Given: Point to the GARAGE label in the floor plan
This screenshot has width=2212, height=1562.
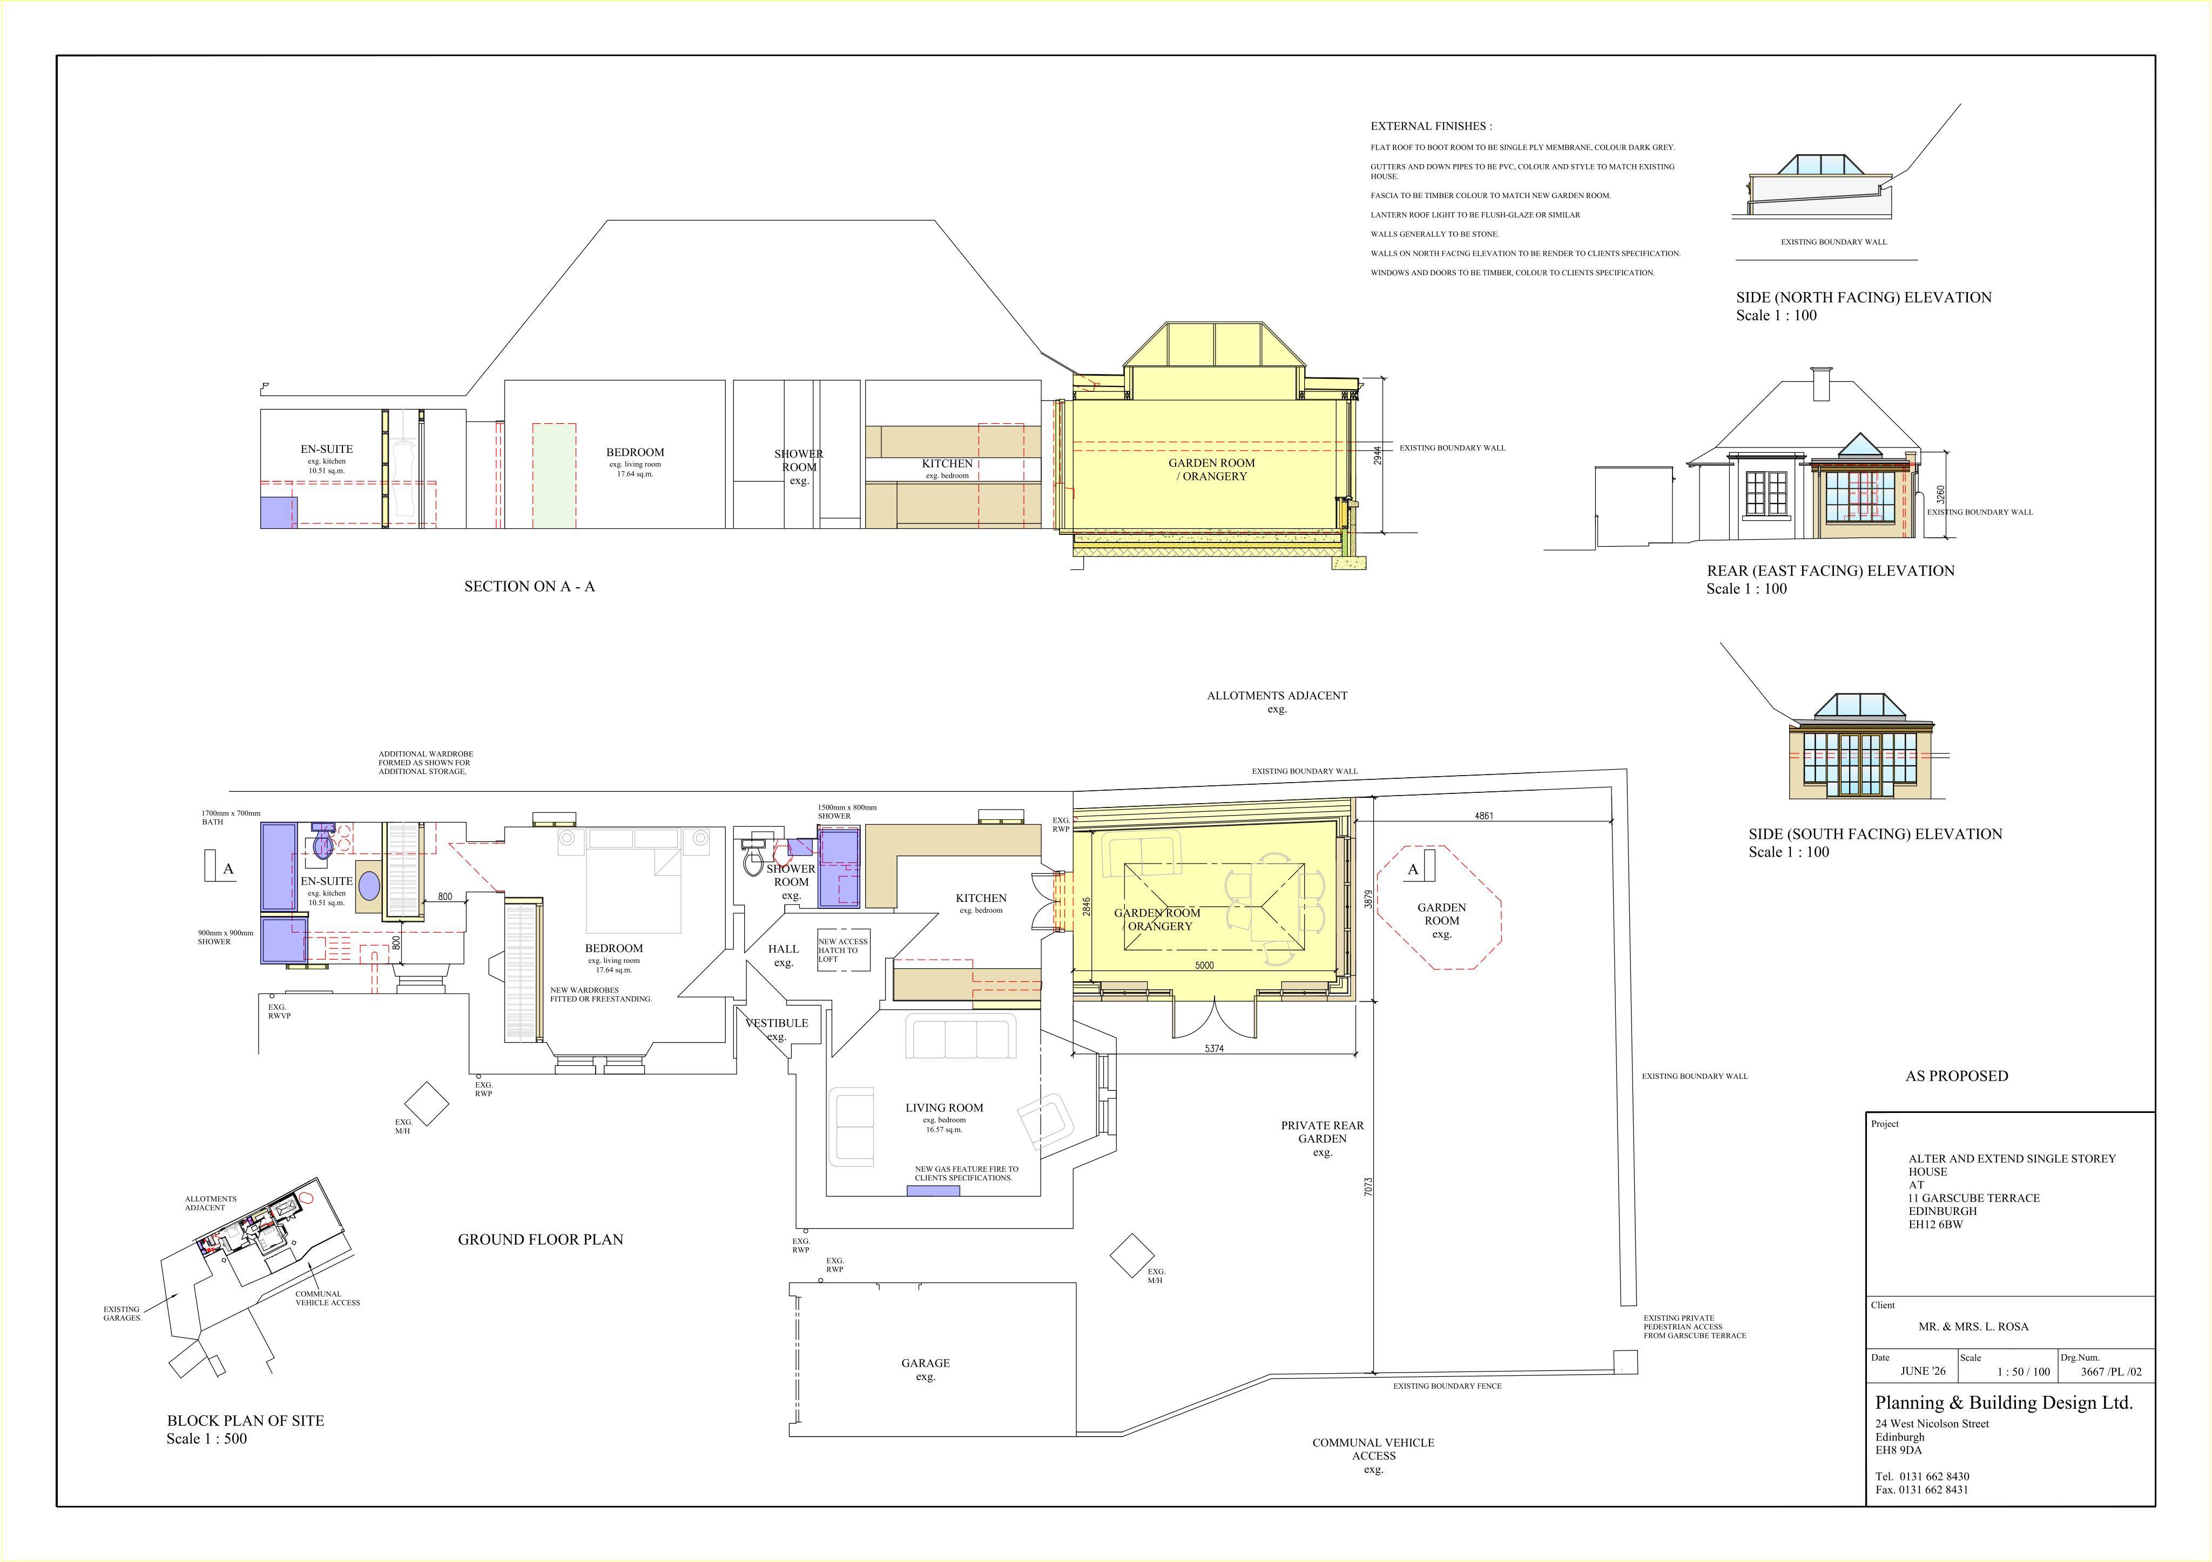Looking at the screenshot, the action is pyautogui.click(x=926, y=1363).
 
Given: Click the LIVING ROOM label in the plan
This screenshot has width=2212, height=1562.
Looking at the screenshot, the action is pyautogui.click(x=944, y=1108).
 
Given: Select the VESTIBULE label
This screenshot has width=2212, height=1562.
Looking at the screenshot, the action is pyautogui.click(x=777, y=1023).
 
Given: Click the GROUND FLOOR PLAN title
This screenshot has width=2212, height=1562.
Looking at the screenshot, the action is pyautogui.click(x=541, y=1239).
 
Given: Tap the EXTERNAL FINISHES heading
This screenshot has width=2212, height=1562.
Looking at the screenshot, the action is pyautogui.click(x=1431, y=126).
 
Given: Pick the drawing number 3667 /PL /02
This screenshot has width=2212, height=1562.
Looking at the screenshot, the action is pyautogui.click(x=2111, y=1371).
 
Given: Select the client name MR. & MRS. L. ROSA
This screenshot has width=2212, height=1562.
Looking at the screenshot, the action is pyautogui.click(x=1973, y=1326).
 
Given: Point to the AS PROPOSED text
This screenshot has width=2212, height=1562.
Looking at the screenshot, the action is pyautogui.click(x=1957, y=1076).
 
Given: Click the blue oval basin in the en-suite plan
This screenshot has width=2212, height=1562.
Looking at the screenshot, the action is pyautogui.click(x=369, y=887).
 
